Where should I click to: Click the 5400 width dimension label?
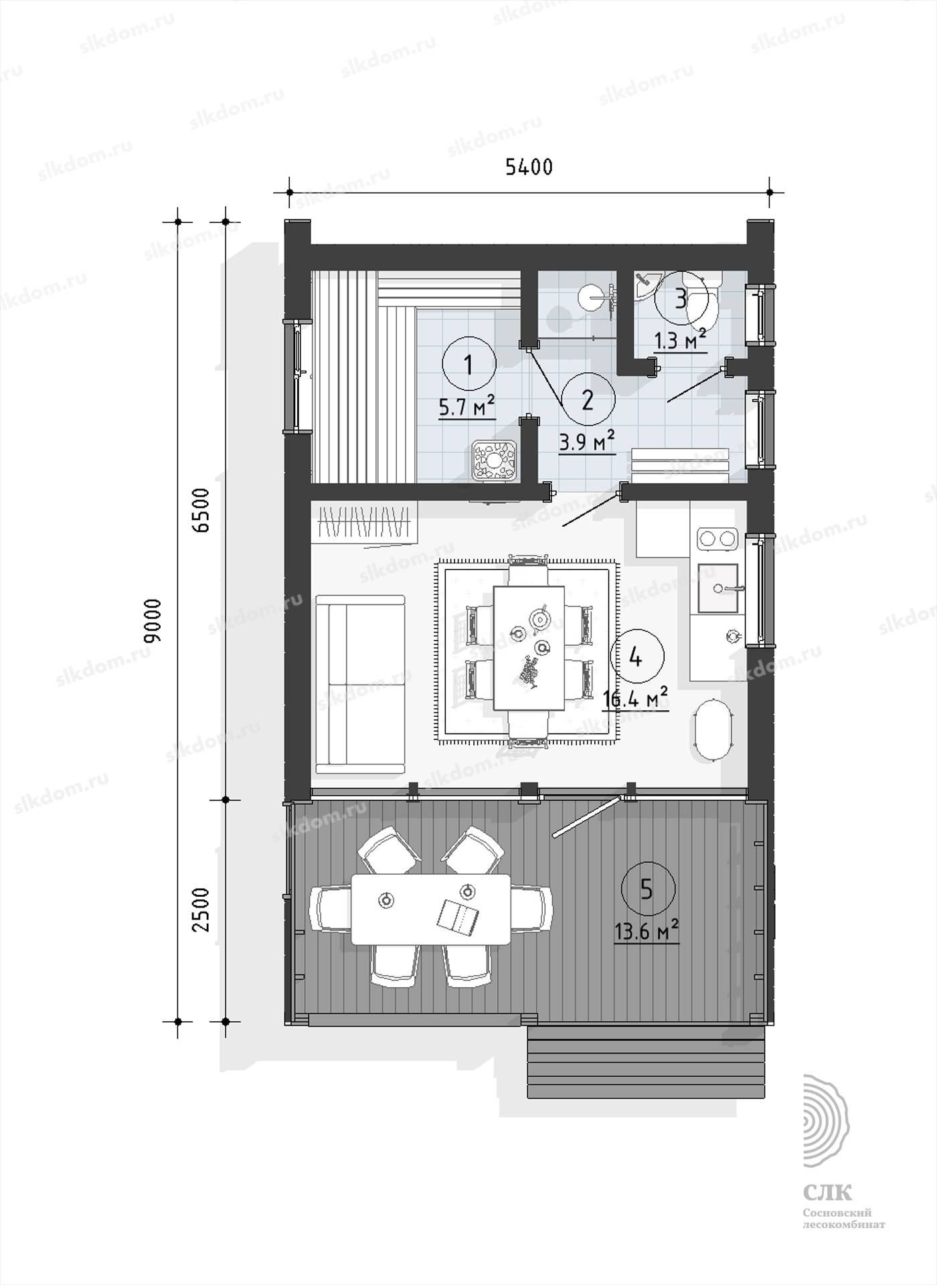529,167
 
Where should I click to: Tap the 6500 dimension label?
201,511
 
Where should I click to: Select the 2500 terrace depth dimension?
201,910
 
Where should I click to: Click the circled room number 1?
468,365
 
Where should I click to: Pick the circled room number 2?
588,400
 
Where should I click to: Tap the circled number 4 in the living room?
636,658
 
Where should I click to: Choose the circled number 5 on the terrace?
647,889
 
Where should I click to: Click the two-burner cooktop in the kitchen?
717,537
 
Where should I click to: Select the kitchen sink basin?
718,589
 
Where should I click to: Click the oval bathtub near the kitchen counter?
713,730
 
